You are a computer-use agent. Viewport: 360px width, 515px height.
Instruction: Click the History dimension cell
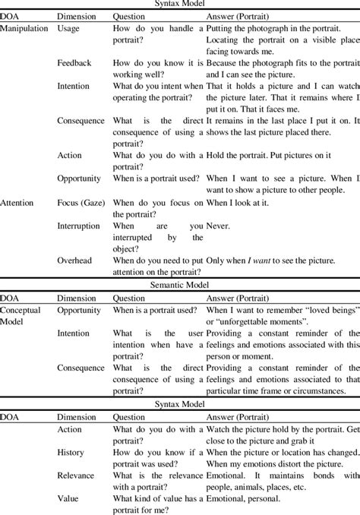pyautogui.click(x=71, y=452)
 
